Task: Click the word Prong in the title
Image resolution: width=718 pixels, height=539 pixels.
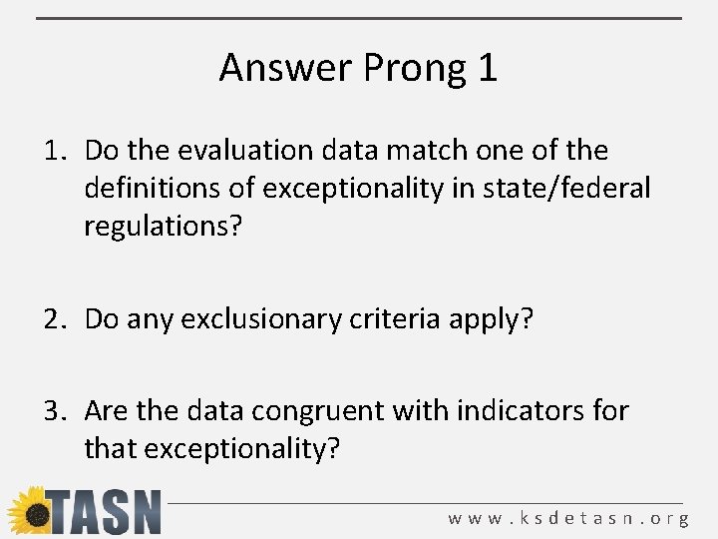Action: pyautogui.click(x=416, y=69)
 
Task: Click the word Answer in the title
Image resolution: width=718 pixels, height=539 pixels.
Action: pyautogui.click(x=286, y=68)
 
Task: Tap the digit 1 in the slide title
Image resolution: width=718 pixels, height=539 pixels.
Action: pyautogui.click(x=488, y=68)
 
